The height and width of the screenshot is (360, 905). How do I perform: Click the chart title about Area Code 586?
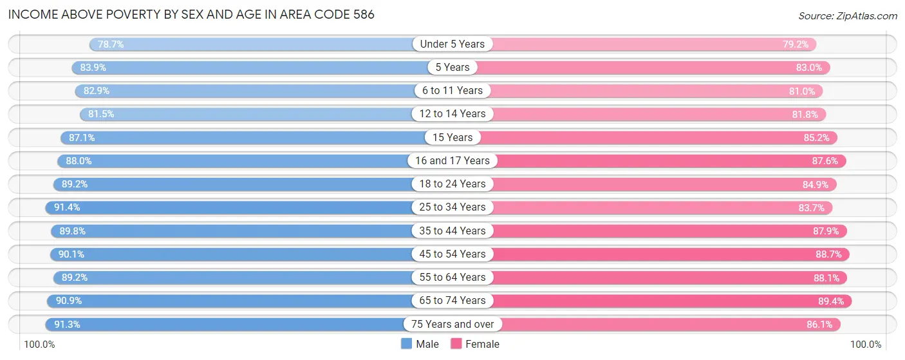191,14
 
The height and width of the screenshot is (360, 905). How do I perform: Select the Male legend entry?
420,344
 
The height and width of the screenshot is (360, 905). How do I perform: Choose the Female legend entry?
475,344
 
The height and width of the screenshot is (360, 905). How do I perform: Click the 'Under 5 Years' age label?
452,44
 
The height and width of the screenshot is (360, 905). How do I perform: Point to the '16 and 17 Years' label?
452,160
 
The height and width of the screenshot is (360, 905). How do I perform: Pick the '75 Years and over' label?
452,324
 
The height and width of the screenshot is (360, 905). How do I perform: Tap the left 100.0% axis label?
40,345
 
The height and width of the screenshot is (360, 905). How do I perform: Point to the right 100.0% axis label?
864,345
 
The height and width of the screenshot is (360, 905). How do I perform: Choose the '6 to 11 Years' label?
452,90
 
